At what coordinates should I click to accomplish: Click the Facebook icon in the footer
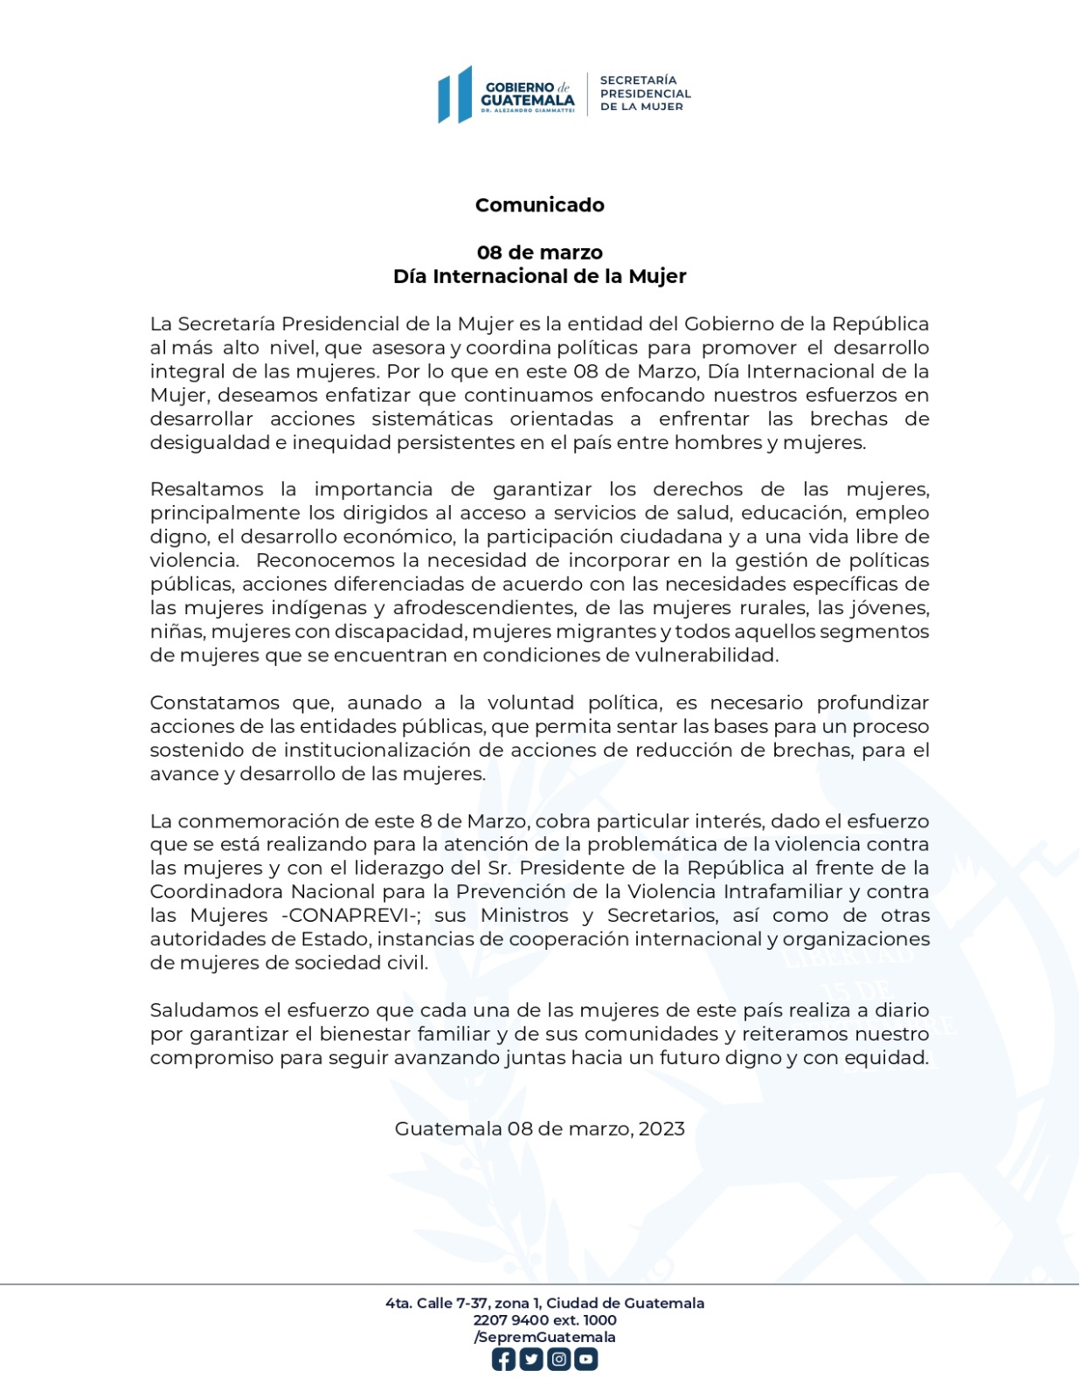coord(503,1360)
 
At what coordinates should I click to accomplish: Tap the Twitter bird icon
coord(531,1360)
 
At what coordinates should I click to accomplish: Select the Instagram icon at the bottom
coord(558,1360)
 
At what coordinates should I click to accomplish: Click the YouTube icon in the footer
coord(585,1360)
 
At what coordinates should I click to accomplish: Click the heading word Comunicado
coord(540,205)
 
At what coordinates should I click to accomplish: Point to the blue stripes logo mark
coord(455,95)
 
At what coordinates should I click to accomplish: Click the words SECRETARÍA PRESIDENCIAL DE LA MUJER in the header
coord(645,93)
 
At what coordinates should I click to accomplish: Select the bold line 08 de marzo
coord(540,253)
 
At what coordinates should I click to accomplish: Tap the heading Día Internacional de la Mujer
coord(540,276)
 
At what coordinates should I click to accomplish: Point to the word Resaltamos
coord(206,489)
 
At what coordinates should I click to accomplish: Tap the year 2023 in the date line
coord(661,1129)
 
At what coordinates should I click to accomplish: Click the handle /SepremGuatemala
coord(544,1337)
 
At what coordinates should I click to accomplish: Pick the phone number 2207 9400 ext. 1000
coord(544,1320)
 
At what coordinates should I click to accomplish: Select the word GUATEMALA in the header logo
coord(528,100)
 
